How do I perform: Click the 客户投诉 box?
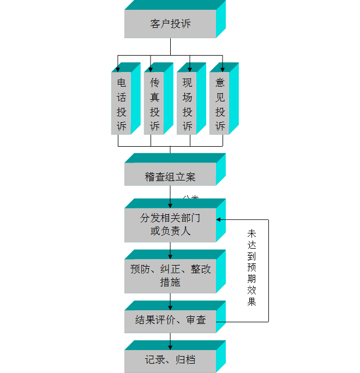coord(170,24)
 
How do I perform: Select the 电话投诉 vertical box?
coord(121,104)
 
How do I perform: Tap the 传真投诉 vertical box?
coord(154,104)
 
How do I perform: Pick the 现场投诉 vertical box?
coord(187,104)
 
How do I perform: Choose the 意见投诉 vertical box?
coord(219,104)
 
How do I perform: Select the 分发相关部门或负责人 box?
coord(170,224)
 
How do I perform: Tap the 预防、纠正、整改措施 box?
coord(170,275)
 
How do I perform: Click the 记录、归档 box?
coord(170,360)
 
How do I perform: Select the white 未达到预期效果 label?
coord(252,270)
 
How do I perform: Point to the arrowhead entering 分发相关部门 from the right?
coord(219,220)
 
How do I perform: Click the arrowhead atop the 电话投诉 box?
coord(118,70)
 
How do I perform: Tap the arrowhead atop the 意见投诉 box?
coord(222,69)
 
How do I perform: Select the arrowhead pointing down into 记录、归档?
coord(170,347)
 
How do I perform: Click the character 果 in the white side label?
coord(252,302)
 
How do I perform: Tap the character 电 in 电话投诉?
coord(121,83)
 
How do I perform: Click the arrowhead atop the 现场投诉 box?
coord(190,69)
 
